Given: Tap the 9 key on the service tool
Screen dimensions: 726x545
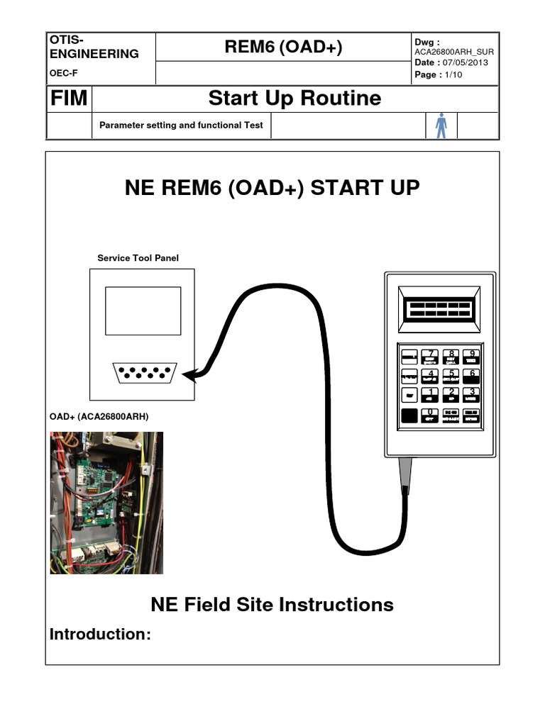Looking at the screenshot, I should (472, 357).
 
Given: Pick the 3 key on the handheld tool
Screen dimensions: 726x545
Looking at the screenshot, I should (472, 396).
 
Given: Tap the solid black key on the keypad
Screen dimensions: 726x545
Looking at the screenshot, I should (409, 416).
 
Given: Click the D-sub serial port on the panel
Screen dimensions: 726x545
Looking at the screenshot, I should (145, 373).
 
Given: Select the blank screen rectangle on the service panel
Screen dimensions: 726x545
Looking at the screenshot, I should (143, 311).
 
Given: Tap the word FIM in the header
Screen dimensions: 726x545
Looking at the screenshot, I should (69, 99).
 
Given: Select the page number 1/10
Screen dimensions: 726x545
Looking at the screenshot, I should (452, 74).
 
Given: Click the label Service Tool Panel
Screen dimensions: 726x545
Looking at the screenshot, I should (138, 258).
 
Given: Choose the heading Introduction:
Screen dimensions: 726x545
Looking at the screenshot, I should (100, 635).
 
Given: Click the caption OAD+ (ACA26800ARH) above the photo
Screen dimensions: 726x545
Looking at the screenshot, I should (99, 417).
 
